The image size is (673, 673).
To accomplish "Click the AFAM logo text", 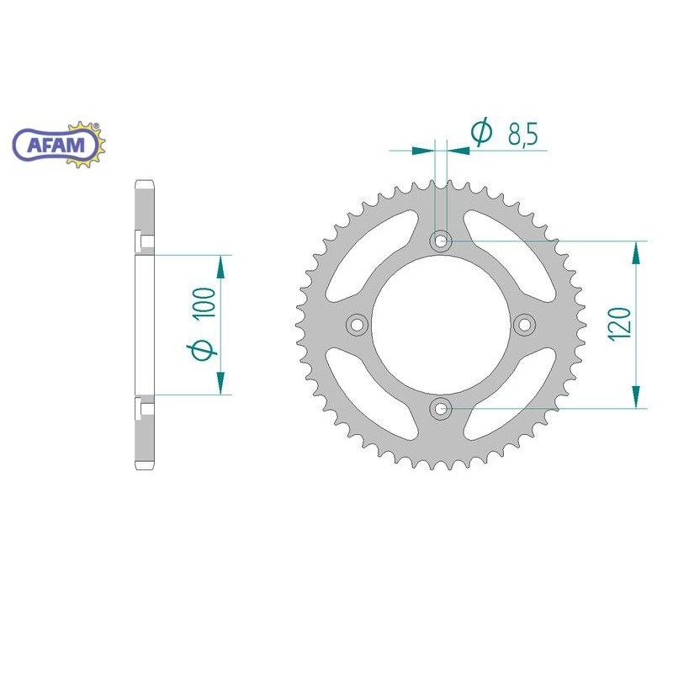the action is pos(56,145).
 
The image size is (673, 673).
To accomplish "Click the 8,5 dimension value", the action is pos(522,135).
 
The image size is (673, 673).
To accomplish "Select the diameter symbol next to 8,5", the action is pos(482,131).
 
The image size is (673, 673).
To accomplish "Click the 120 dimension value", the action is pos(620,324).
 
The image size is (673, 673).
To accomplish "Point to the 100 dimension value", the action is pos(204,304).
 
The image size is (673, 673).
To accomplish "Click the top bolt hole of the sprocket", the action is pos(441,241).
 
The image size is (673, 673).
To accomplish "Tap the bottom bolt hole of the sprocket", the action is pos(441,409).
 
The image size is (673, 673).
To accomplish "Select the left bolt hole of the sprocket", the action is pos(357,325).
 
